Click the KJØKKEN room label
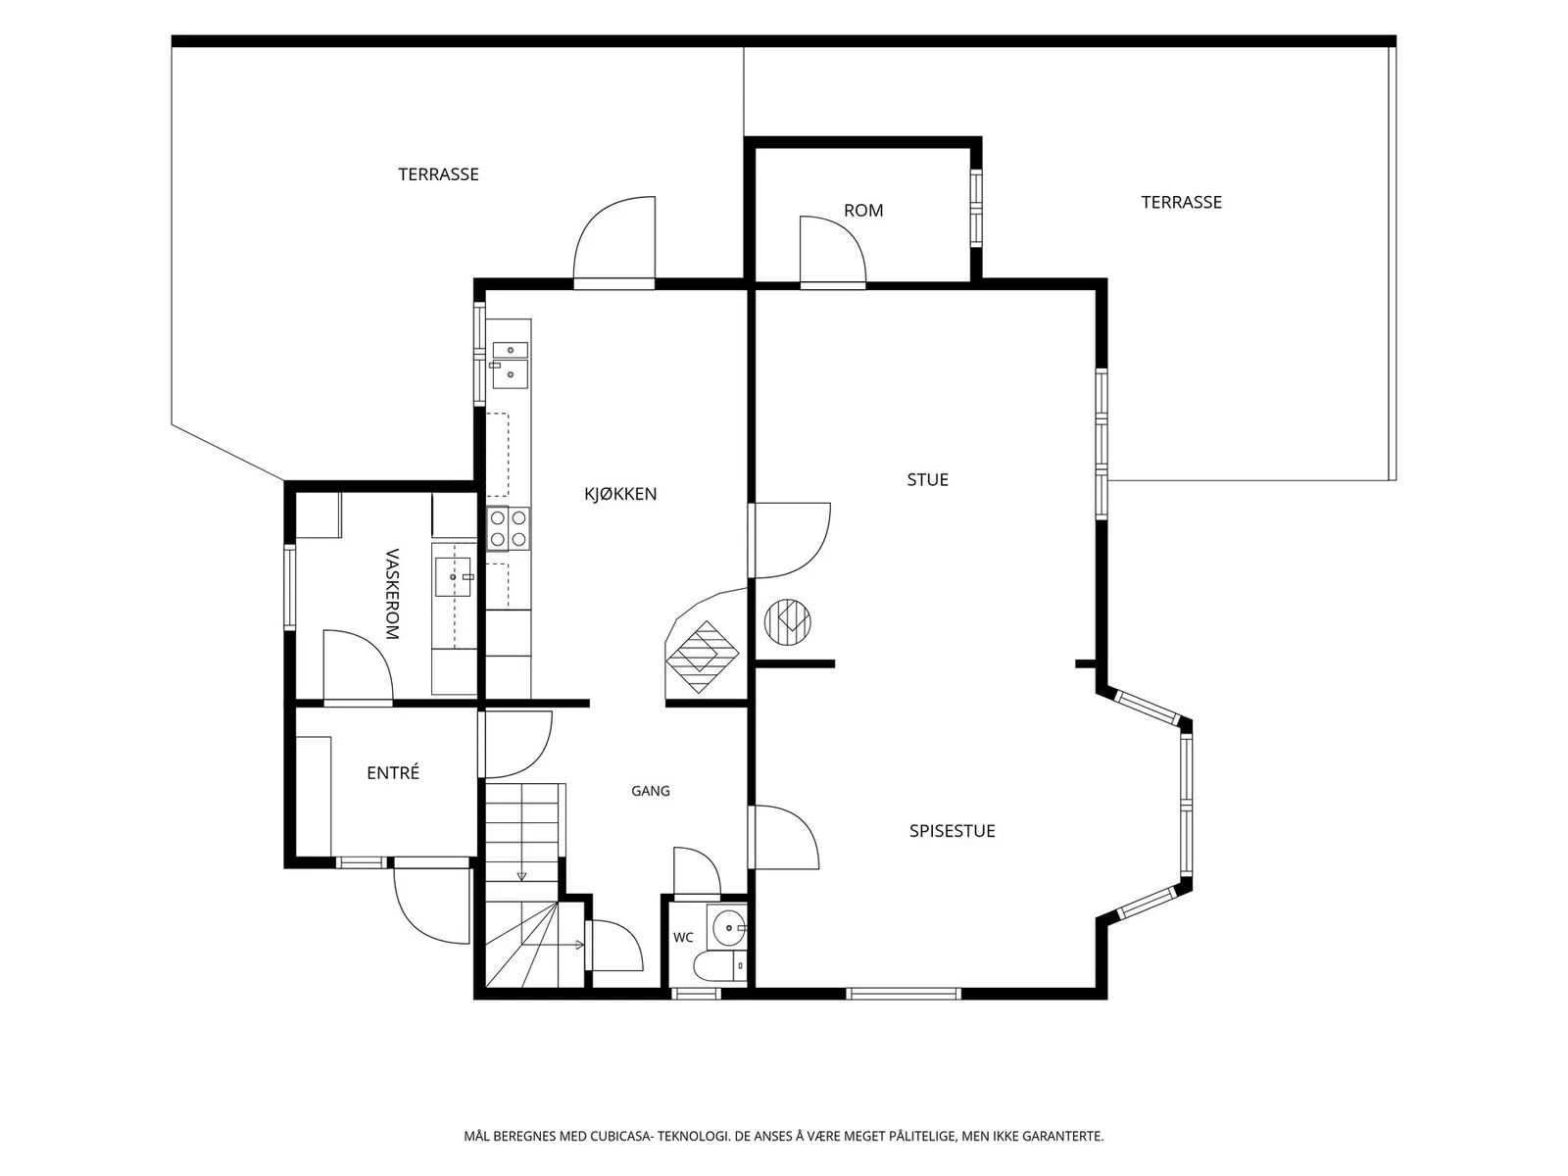pos(620,493)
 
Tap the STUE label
pos(927,480)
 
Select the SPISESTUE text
pos(953,830)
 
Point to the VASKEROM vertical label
pos(392,594)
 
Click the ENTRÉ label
pos(393,772)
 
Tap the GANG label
pos(650,791)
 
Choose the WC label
pos(683,938)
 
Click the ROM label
pos(863,211)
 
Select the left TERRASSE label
pos(438,174)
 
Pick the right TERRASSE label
pos(1181,202)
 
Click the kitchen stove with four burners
pos(508,528)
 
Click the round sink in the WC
pos(729,927)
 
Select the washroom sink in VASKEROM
pos(453,577)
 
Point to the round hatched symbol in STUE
pos(787,622)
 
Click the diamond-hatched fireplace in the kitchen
pos(702,657)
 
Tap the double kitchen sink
pos(510,365)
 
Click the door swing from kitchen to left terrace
pos(614,239)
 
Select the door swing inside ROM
pos(832,250)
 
